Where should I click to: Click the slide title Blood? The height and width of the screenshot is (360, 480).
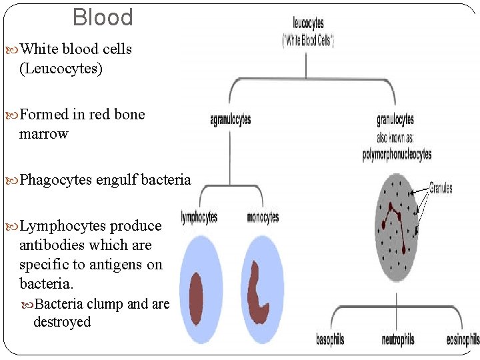point(103,17)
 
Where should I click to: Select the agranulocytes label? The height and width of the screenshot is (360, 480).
point(230,121)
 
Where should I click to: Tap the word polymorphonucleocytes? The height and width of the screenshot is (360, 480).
point(397,155)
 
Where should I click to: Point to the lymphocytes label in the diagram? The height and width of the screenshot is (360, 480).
point(199,217)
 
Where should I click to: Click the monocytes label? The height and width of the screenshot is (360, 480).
point(263,217)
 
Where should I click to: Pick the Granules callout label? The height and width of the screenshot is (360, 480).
point(440,188)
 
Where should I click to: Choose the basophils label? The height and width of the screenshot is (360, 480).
point(330,340)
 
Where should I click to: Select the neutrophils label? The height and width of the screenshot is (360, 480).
point(397,340)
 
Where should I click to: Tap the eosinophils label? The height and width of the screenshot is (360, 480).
point(463,340)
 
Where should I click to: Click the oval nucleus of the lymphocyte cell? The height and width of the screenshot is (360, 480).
point(196,298)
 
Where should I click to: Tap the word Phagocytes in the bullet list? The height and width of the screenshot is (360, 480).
point(56,180)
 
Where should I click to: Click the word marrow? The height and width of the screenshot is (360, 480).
point(44,134)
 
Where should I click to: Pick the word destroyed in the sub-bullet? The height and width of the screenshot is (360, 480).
point(62,322)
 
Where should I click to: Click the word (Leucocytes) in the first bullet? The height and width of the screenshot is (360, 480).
point(61,69)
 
